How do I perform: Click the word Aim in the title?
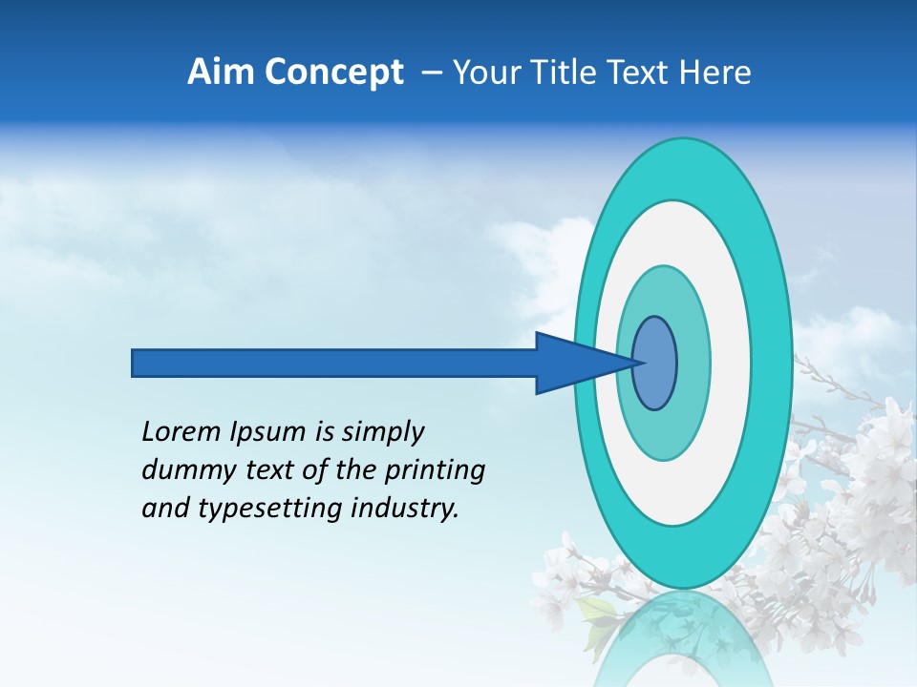pyautogui.click(x=221, y=73)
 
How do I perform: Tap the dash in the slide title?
pyautogui.click(x=431, y=73)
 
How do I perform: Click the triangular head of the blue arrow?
pyautogui.click(x=573, y=363)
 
